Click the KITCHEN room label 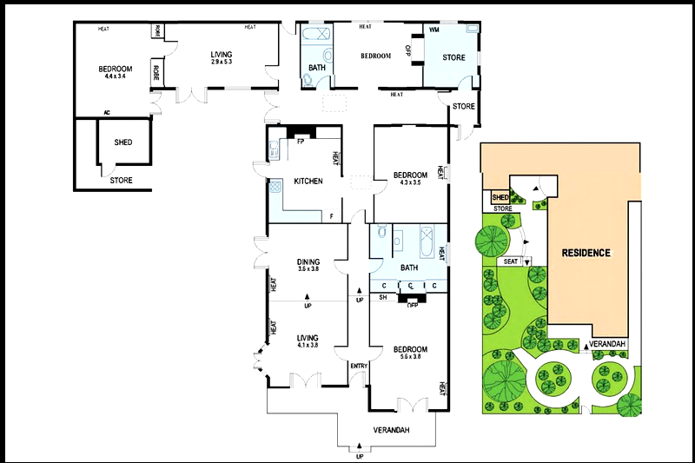tap(308, 182)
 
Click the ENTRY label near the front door tap(359, 366)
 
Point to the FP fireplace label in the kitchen tap(301, 142)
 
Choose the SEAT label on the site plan tap(511, 261)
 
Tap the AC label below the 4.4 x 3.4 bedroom tap(107, 112)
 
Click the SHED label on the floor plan tap(123, 142)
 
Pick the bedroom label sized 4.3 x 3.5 tap(409, 178)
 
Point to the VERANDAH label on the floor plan tap(391, 430)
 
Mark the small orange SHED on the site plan tap(500, 198)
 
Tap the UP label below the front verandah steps tap(360, 455)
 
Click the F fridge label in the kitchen tap(331, 215)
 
